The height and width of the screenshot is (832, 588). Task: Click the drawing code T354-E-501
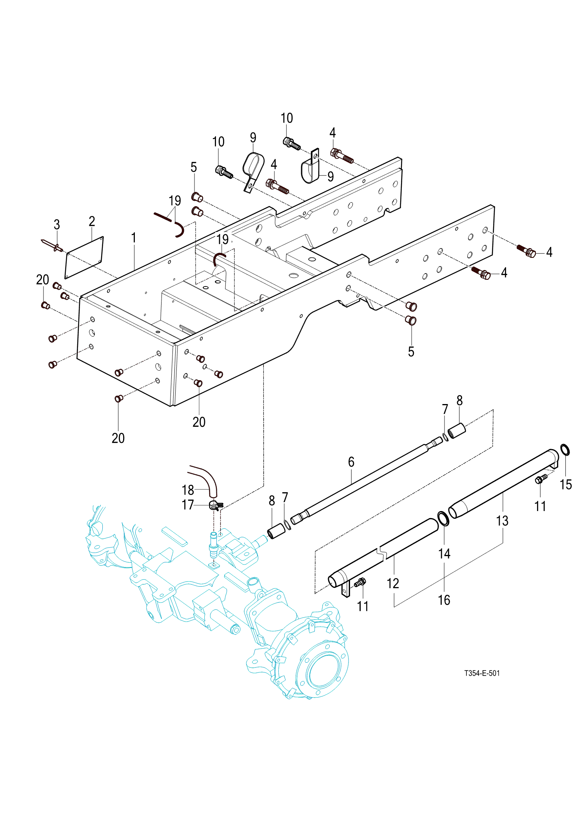482,673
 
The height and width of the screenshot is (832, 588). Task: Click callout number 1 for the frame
134,238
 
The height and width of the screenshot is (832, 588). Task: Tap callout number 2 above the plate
92,221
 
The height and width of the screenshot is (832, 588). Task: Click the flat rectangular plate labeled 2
84,257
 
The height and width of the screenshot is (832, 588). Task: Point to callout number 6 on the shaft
351,462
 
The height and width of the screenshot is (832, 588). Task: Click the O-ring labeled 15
565,450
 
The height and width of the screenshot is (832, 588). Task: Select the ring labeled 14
443,518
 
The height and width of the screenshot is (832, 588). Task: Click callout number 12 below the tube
393,584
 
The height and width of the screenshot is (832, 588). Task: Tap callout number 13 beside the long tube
502,521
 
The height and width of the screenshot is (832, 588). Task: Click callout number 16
444,600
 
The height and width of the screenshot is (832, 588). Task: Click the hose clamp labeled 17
215,506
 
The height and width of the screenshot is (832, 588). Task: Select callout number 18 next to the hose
188,490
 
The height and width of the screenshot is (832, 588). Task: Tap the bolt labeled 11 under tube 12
360,583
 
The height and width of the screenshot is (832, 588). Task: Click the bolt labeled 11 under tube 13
541,479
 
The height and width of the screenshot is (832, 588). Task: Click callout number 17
188,505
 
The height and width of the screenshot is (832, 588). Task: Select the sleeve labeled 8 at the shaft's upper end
457,431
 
